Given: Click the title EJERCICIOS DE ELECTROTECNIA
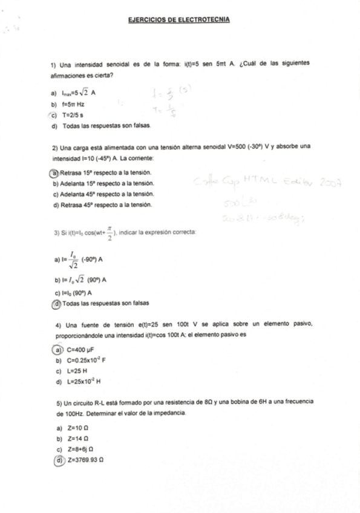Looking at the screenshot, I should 179,20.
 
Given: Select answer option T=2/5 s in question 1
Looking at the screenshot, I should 73,115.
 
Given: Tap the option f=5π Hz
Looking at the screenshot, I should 73,104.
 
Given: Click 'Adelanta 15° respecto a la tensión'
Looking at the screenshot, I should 106,183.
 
